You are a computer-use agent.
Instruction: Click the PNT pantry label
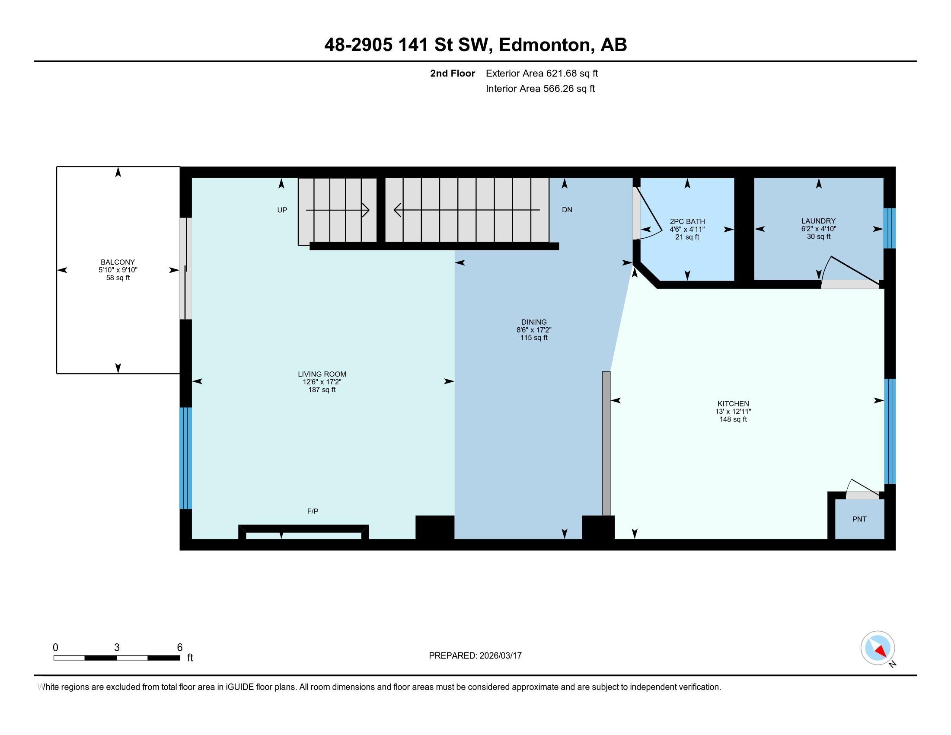(859, 519)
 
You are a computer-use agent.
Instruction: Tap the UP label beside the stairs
(282, 210)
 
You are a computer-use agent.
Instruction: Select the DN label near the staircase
(567, 210)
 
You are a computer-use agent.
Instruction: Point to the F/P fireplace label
(313, 511)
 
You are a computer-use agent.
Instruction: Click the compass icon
(878, 648)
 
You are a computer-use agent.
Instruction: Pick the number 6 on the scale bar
(179, 648)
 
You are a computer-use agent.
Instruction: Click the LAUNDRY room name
(819, 221)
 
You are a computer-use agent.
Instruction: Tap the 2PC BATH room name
(687, 222)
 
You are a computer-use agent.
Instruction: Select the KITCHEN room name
(733, 404)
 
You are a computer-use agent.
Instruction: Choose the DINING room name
(534, 322)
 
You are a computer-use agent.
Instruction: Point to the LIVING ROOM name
(322, 374)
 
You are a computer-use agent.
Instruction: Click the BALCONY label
(118, 262)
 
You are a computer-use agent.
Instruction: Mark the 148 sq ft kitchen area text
(733, 419)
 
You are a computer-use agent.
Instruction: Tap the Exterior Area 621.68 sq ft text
(542, 73)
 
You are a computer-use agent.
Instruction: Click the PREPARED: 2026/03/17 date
(475, 656)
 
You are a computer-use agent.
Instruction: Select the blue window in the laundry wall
(889, 228)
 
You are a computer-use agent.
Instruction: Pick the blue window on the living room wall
(186, 458)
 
